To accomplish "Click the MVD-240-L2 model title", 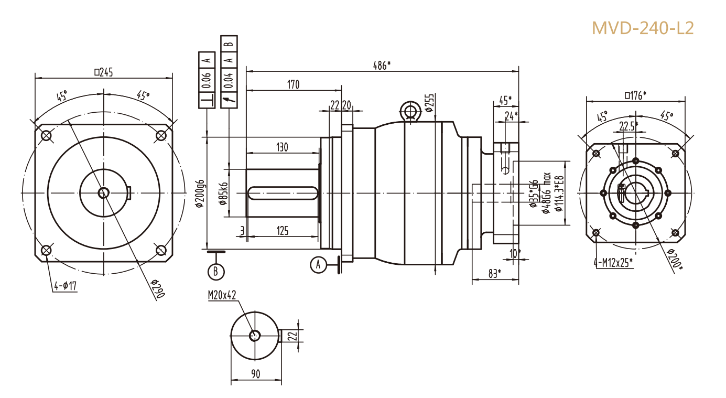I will point(643,28).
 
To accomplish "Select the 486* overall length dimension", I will point(382,65).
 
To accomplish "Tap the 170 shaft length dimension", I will point(293,84).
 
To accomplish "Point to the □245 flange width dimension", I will point(103,72).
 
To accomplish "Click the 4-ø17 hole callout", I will point(66,286).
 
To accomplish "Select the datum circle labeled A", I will point(318,265).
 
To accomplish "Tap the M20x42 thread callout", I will point(222,296).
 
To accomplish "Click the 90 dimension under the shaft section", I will point(256,374).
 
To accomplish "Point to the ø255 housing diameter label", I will point(429,103).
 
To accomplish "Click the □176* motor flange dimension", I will point(635,95).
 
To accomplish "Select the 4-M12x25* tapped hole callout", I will point(613,262).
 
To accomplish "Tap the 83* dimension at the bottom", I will point(495,273).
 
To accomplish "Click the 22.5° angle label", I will point(629,126).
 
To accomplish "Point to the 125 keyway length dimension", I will point(282,230).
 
